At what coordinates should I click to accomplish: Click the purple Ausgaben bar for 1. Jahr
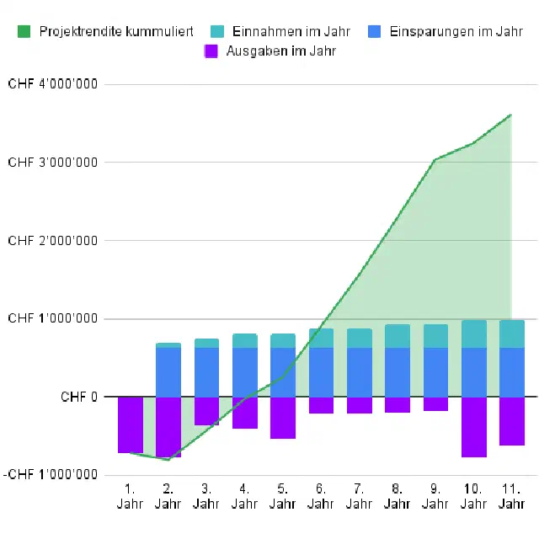(131, 424)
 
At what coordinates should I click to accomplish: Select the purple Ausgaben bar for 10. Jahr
(474, 427)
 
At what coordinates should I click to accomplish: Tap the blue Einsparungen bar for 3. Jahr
(206, 372)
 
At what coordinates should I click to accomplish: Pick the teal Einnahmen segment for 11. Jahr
(512, 334)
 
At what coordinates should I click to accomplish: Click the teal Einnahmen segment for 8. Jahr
(398, 336)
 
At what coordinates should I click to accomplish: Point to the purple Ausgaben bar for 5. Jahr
(283, 418)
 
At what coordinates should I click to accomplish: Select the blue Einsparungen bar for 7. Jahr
(360, 372)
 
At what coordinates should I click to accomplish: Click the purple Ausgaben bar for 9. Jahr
(435, 404)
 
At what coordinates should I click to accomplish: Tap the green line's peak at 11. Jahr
(511, 115)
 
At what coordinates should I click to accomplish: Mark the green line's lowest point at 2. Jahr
(168, 460)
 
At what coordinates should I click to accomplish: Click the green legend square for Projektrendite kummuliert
(24, 31)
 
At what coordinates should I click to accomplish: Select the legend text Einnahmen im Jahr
(291, 31)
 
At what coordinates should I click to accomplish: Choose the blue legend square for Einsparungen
(374, 31)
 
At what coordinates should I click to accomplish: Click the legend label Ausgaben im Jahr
(280, 51)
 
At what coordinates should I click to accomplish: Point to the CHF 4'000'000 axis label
(52, 84)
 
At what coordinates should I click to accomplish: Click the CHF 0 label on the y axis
(79, 397)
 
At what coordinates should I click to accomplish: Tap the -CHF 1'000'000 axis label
(51, 475)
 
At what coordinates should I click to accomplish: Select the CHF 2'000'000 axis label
(52, 241)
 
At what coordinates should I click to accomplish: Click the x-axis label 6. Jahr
(321, 496)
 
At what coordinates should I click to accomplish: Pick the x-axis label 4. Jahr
(244, 496)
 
